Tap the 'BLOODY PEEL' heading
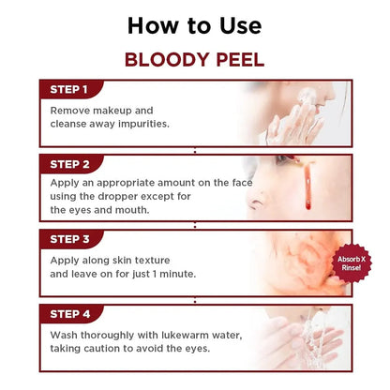pyautogui.click(x=194, y=59)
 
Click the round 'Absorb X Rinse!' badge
pyautogui.click(x=354, y=261)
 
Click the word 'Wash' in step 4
pyautogui.click(x=66, y=333)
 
